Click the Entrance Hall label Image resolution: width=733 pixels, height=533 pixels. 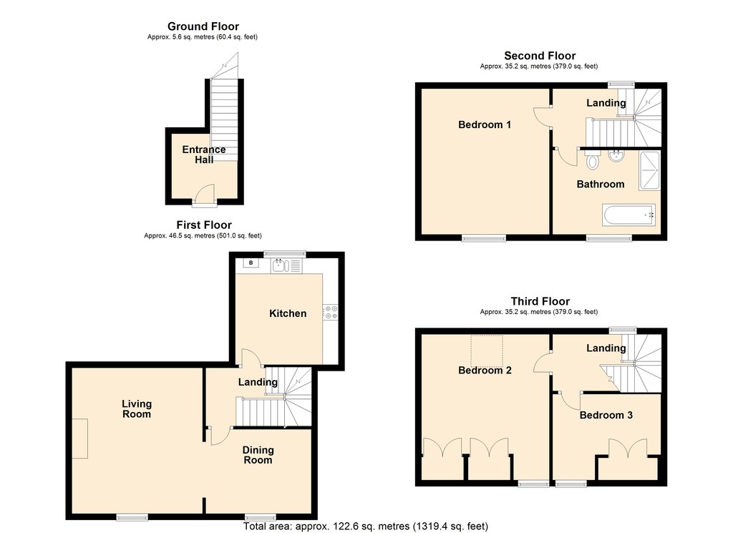click(x=204, y=155)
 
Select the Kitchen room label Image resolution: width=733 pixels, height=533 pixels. click(x=288, y=313)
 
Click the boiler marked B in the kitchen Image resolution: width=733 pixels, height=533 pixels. click(x=251, y=263)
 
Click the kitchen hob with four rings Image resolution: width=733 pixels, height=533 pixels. click(x=331, y=312)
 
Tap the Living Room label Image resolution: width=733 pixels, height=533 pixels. click(x=136, y=409)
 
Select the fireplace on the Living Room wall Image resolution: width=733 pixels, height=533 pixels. click(x=81, y=439)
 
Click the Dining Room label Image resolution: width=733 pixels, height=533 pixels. click(x=258, y=455)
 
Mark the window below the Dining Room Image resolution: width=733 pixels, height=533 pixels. click(x=260, y=517)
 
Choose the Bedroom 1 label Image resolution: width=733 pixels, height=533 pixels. click(x=485, y=124)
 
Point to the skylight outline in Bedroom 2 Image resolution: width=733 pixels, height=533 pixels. click(x=487, y=350)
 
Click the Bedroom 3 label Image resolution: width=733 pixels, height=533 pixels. click(x=606, y=415)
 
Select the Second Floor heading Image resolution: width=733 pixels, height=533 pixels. click(x=540, y=56)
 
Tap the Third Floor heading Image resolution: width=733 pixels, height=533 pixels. click(x=540, y=301)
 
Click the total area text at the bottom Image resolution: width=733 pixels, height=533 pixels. click(x=366, y=526)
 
